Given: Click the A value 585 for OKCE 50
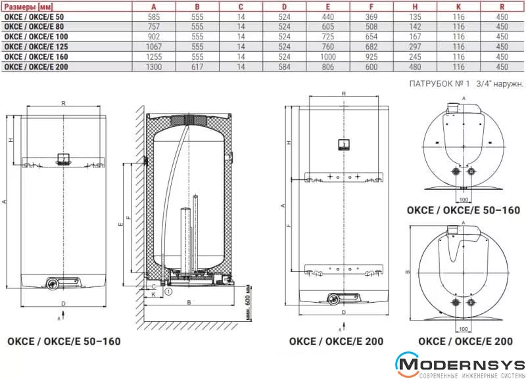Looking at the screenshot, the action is [154, 17].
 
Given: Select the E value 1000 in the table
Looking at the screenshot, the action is [327, 56].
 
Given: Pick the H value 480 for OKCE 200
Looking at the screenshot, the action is [415, 67].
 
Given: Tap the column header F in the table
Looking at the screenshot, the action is [371, 7].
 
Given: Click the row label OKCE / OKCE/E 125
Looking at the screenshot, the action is [36, 47].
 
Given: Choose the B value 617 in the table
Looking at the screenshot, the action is [197, 67].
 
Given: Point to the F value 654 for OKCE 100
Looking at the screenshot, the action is [371, 37].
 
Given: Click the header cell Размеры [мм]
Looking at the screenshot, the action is [28, 7].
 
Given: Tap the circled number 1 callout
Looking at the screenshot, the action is [168, 292].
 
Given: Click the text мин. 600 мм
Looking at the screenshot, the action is [249, 302].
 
